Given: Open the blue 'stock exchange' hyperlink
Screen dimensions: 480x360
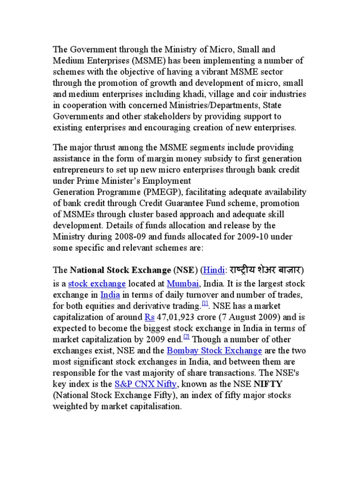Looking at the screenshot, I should [x=97, y=284].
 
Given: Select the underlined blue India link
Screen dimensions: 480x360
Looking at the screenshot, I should [x=110, y=295].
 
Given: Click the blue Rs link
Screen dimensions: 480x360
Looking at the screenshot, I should [x=150, y=317].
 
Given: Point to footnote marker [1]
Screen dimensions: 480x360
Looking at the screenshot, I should [x=205, y=304].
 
